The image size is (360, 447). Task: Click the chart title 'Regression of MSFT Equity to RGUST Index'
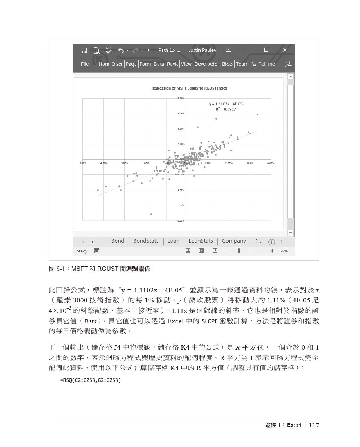[189, 88]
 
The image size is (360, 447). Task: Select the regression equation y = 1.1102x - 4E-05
[226, 104]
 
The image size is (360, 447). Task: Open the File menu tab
[85, 64]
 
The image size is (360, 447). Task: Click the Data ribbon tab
[159, 64]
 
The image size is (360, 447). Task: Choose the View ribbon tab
[186, 64]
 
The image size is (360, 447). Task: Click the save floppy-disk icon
[84, 50]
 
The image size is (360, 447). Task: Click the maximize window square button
[266, 50]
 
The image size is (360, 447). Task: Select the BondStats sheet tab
[146, 241]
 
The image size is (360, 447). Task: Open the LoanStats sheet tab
[201, 241]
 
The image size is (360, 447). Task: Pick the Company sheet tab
[234, 241]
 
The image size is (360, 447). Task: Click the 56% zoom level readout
[283, 251]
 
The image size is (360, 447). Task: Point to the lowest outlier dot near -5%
[151, 214]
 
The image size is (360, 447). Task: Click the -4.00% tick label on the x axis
[103, 163]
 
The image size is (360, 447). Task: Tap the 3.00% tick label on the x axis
[249, 163]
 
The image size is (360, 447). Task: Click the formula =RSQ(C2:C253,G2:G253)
[90, 380]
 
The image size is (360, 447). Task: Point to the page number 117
[314, 425]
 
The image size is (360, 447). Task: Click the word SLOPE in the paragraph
[209, 321]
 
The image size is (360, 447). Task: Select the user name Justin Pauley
[202, 50]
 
